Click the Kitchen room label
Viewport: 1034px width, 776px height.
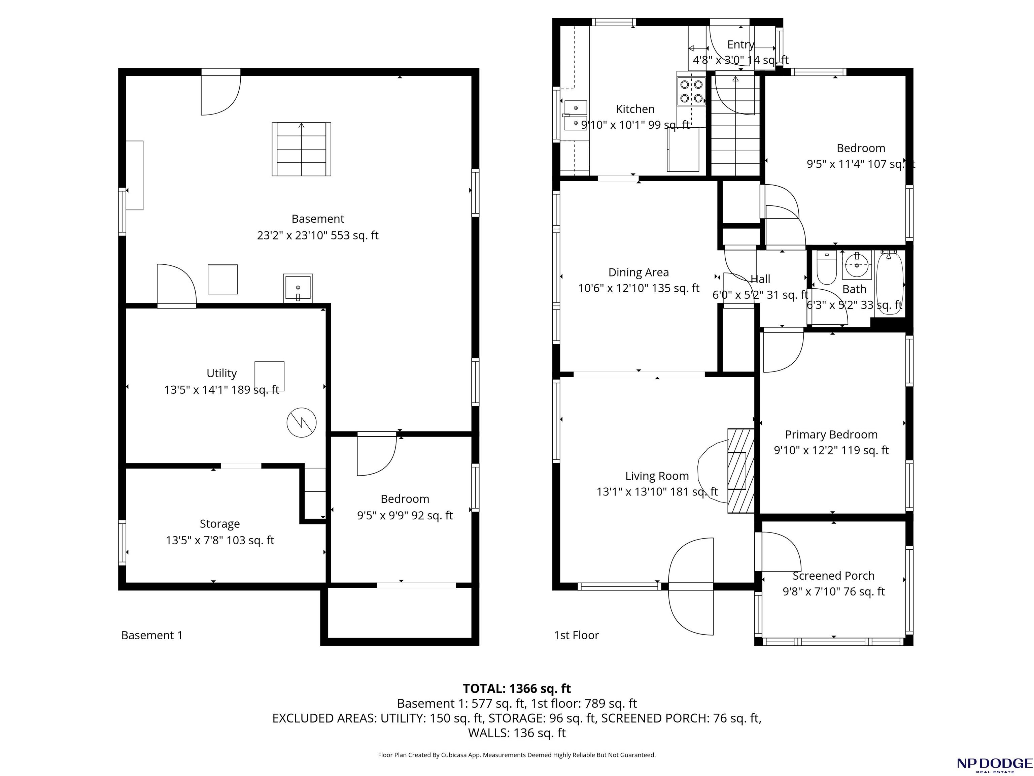[x=635, y=109]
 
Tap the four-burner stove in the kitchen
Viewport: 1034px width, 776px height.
[x=691, y=91]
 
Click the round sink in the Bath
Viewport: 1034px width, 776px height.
[x=857, y=265]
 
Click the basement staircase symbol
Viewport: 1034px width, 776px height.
[x=302, y=149]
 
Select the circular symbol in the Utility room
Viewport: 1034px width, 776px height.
[x=302, y=423]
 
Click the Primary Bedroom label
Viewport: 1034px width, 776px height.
[x=831, y=434]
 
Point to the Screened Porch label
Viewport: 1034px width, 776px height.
[x=833, y=576]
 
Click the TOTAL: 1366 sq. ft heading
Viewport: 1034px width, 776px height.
[x=517, y=688]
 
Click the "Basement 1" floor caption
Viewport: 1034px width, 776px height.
[x=152, y=635]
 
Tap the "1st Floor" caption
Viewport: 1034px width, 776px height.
[x=576, y=635]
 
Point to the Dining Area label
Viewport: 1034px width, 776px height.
[x=639, y=272]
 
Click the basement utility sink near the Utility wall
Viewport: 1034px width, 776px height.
[x=298, y=288]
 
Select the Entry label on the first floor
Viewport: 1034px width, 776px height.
[x=741, y=44]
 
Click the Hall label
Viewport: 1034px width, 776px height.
[x=760, y=279]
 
